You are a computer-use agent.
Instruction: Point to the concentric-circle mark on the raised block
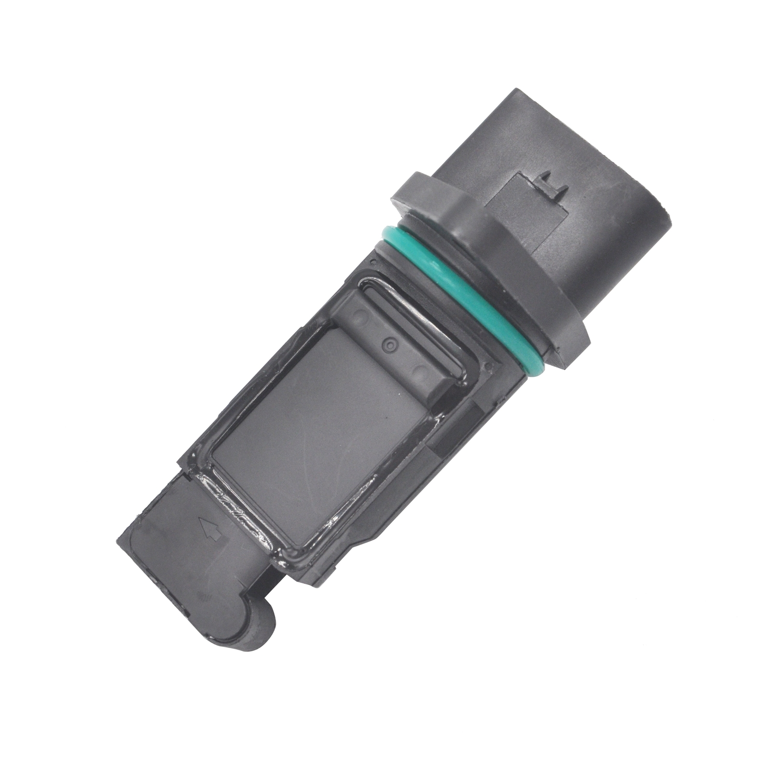tap(389, 343)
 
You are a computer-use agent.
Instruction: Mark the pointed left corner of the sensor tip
tap(121, 540)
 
